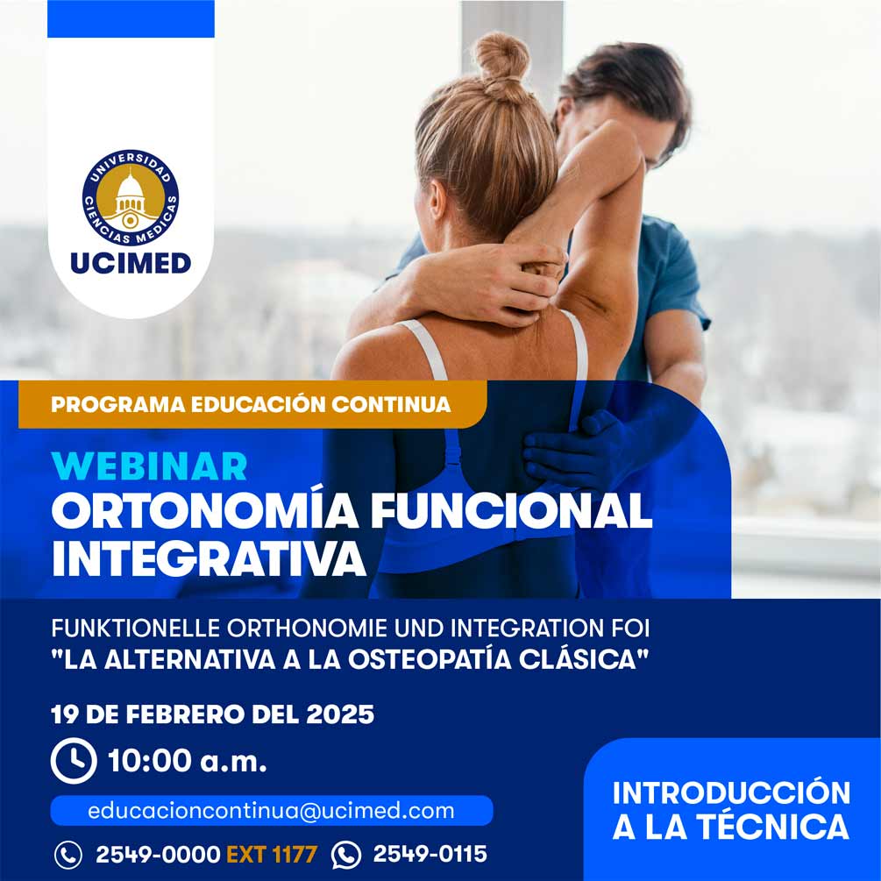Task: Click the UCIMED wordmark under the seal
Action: coord(131,263)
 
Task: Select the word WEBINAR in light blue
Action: coord(149,466)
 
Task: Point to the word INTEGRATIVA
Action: coord(209,558)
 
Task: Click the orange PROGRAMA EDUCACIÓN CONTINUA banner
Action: coord(252,404)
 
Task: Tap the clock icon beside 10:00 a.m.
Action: coord(74,761)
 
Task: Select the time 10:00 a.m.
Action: coord(187,761)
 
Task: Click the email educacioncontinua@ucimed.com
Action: coord(272,811)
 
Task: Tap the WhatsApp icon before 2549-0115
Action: coord(346,855)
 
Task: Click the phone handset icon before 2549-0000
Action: coord(68,856)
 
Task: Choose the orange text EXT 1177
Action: coord(272,855)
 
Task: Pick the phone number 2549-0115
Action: coord(430,854)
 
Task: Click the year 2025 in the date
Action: coord(340,714)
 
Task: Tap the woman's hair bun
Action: coord(501,62)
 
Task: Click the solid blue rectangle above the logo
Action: coord(131,18)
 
